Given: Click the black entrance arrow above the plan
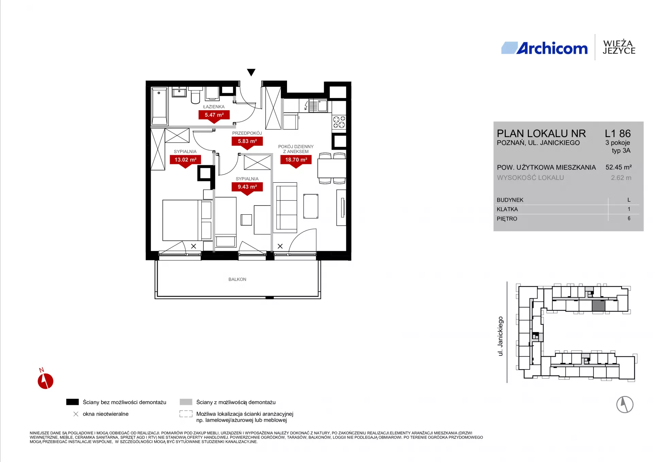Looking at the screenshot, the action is click(x=251, y=72).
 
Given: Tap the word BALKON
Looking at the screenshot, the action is click(x=237, y=279).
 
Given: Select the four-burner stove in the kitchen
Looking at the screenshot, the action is click(x=339, y=122).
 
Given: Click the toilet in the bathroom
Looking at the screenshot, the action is click(x=195, y=95).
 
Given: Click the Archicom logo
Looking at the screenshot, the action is click(x=545, y=48).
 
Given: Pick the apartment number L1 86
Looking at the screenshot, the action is click(x=618, y=133).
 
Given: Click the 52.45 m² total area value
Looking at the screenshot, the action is click(x=619, y=167).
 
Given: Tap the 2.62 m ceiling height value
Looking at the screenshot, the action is click(x=621, y=178).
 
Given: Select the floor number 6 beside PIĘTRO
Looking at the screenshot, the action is click(x=629, y=218).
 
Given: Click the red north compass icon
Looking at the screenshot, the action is click(x=45, y=381).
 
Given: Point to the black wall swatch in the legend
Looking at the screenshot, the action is click(x=72, y=402).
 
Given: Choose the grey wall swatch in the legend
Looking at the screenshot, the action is click(x=186, y=402).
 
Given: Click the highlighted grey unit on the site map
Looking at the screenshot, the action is click(x=599, y=306).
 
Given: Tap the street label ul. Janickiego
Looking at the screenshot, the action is click(x=500, y=336).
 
